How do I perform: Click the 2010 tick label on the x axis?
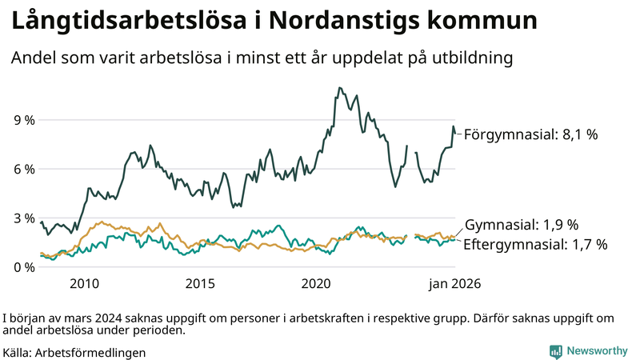84,284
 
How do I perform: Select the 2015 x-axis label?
200,284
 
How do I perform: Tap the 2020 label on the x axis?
316,284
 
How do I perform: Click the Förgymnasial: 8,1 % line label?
530,134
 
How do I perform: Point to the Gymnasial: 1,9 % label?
521,225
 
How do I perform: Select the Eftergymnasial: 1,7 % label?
535,244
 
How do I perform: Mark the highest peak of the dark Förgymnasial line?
340,88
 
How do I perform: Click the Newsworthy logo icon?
555,351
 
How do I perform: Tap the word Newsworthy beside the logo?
597,351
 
